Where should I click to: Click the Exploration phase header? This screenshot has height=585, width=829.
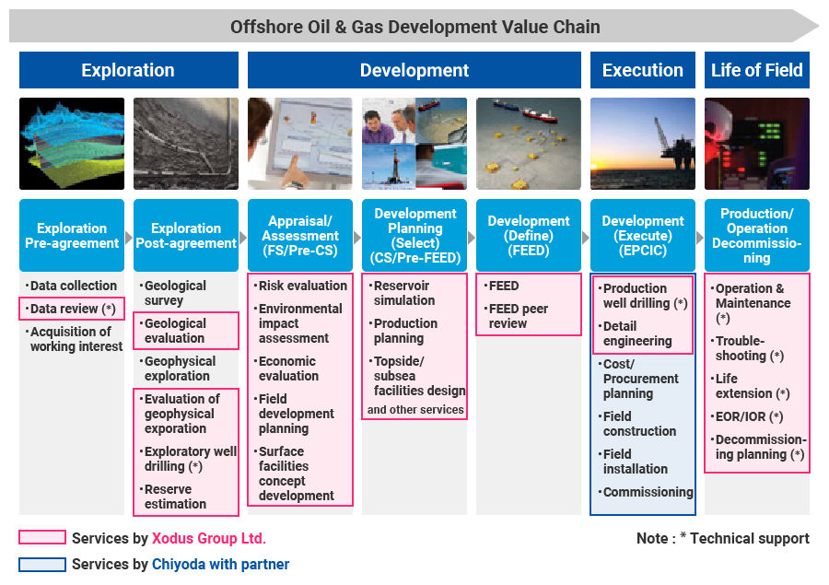(128, 70)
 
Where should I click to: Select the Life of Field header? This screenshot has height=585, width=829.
(756, 70)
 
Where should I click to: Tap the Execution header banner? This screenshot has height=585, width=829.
(642, 70)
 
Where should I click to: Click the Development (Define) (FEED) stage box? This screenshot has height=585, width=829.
(528, 235)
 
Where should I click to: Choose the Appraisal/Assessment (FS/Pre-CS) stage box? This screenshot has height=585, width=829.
(299, 235)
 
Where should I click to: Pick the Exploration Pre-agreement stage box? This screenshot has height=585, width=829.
(72, 235)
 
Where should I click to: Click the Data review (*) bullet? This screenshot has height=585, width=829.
(70, 309)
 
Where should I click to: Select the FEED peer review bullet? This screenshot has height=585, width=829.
(518, 316)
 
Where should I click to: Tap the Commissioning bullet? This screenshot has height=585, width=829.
(646, 492)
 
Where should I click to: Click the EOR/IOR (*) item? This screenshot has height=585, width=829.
(747, 416)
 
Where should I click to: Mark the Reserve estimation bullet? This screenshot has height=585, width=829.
(174, 497)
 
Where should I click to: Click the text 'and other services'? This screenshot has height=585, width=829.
(415, 409)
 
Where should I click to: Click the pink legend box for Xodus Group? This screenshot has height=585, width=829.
(42, 537)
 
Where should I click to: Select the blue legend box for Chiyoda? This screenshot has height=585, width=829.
(42, 565)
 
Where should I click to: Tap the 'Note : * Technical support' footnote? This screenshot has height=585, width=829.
(723, 538)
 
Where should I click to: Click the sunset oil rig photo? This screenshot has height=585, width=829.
(642, 144)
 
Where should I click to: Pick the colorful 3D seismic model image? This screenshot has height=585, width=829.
(72, 144)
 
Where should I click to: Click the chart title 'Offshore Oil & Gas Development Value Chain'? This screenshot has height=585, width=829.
(415, 27)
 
